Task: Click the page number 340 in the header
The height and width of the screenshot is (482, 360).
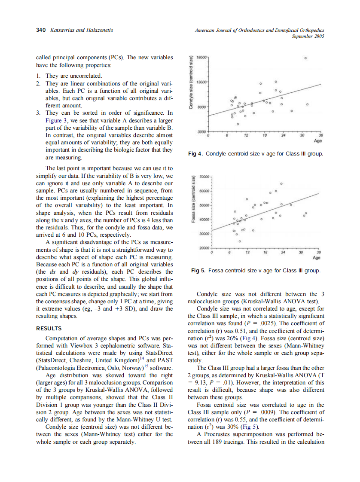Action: click(x=41, y=30)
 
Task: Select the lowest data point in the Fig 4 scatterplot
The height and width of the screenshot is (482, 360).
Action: click(x=238, y=124)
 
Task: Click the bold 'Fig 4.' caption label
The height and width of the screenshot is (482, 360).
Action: click(x=196, y=153)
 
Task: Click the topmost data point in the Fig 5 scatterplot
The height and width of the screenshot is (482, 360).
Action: click(x=281, y=183)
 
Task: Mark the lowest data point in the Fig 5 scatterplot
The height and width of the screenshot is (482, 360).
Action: click(x=239, y=242)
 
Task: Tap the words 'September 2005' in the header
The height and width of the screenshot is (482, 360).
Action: click(x=308, y=37)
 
